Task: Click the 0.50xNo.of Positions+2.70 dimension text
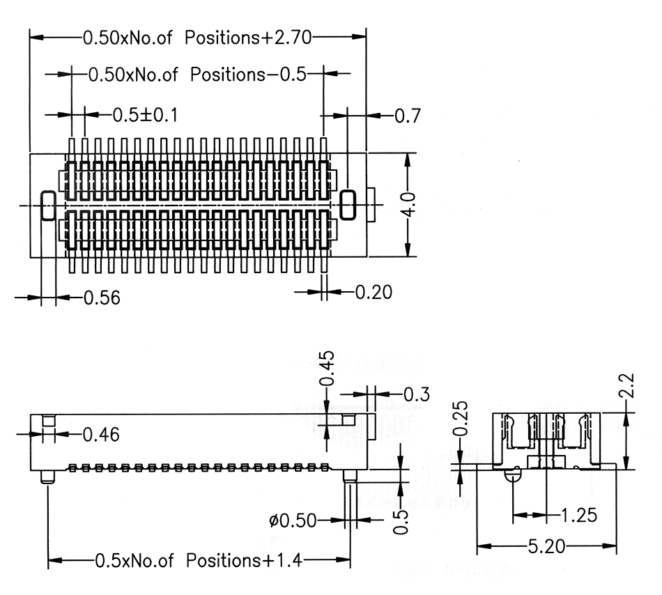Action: (x=197, y=38)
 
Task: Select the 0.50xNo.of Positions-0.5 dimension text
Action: (x=197, y=75)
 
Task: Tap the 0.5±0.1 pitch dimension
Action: (x=145, y=115)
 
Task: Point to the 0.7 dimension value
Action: (x=408, y=116)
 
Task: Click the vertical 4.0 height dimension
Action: (x=408, y=205)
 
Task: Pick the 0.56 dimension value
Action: (x=102, y=297)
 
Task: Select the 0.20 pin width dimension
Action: (x=374, y=292)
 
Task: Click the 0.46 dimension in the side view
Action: (x=101, y=434)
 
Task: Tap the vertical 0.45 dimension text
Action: (x=327, y=369)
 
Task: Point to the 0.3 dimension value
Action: (x=417, y=394)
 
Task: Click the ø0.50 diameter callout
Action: (x=293, y=520)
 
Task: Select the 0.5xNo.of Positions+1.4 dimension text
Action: (x=199, y=560)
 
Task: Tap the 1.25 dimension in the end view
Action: (x=579, y=516)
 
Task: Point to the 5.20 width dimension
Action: (x=547, y=546)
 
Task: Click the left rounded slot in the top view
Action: (x=48, y=206)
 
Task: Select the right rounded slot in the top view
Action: (x=348, y=205)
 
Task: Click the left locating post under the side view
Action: (x=47, y=477)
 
